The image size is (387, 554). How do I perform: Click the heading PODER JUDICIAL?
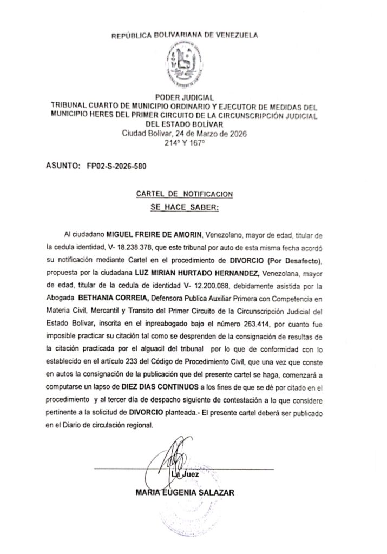click(185, 97)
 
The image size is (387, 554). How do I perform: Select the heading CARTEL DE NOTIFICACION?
click(185, 193)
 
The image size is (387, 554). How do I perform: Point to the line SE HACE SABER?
click(185, 207)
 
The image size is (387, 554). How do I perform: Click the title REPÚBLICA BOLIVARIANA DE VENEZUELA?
click(185, 36)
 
